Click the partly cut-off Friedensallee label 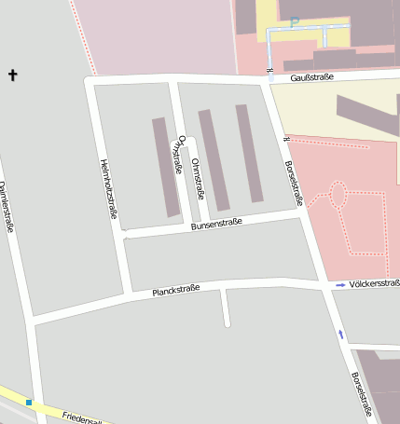tap(80, 417)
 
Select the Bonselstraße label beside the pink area tap(292, 183)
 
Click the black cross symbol tap(13, 75)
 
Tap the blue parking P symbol tap(295, 22)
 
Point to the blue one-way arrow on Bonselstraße tap(340, 333)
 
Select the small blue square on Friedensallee tap(29, 403)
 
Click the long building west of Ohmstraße tap(166, 167)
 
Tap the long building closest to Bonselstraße tap(249, 153)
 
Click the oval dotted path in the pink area tap(337, 195)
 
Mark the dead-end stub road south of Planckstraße tap(226, 308)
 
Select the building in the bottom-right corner tap(383, 387)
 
